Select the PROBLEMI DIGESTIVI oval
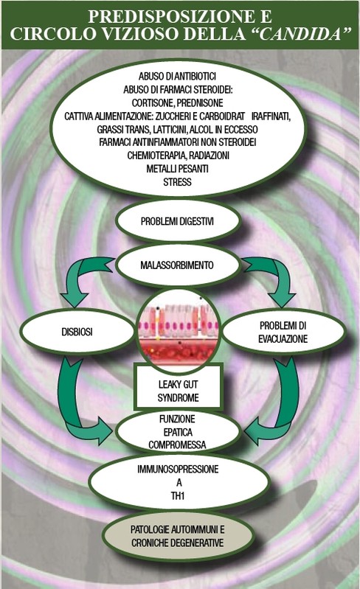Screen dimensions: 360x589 pyautogui.click(x=177, y=221)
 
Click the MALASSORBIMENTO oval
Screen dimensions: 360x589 pyautogui.click(x=177, y=265)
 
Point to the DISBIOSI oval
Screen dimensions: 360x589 pyautogui.click(x=77, y=332)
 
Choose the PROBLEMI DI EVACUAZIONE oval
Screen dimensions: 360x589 pyautogui.click(x=283, y=332)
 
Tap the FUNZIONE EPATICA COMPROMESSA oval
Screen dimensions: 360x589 pyautogui.click(x=177, y=432)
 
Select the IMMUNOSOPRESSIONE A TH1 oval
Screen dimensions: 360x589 pyautogui.click(x=178, y=482)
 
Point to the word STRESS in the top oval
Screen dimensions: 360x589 pyautogui.click(x=177, y=182)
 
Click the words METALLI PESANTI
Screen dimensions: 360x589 pyautogui.click(x=177, y=169)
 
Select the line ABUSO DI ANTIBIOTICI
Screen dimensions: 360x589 pyautogui.click(x=177, y=76)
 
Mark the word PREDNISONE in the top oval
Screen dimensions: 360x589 pyautogui.click(x=200, y=103)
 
